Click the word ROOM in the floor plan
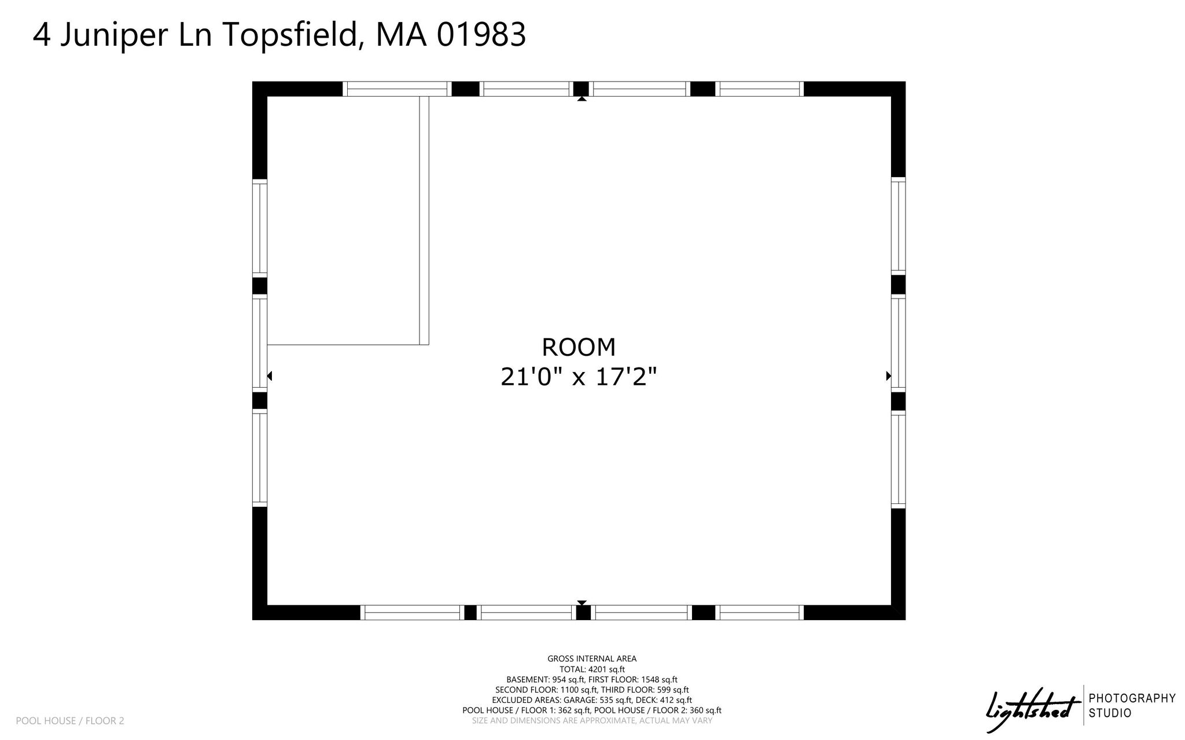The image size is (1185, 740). (x=579, y=347)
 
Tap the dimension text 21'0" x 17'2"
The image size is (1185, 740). (x=579, y=378)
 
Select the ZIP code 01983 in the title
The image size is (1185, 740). (x=481, y=35)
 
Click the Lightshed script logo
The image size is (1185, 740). (x=1033, y=708)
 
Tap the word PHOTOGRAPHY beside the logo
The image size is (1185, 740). (x=1132, y=698)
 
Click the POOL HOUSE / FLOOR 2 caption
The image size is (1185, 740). (x=70, y=721)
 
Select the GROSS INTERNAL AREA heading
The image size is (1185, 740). (x=592, y=658)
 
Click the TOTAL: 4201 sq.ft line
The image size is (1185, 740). (x=592, y=669)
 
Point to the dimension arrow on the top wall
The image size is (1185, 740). (x=582, y=98)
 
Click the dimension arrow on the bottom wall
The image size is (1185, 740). (x=582, y=603)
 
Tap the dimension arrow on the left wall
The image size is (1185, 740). (x=269, y=376)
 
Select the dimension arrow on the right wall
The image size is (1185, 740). (x=889, y=376)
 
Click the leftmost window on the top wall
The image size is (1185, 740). (x=397, y=89)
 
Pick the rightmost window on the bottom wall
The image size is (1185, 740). (x=760, y=613)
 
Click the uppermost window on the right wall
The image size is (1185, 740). (x=898, y=226)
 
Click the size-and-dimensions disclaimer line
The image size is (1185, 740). (x=592, y=721)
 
